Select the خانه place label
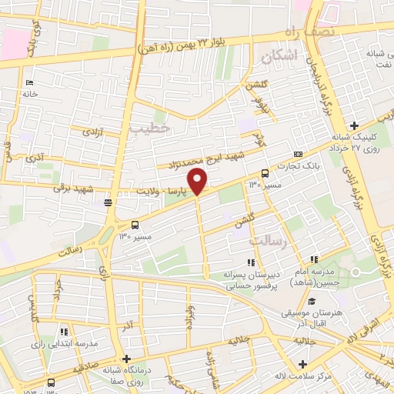(30, 94)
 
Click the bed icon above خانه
(30, 82)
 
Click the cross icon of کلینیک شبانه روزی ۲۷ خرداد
(353, 125)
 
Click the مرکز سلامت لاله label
(303, 377)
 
